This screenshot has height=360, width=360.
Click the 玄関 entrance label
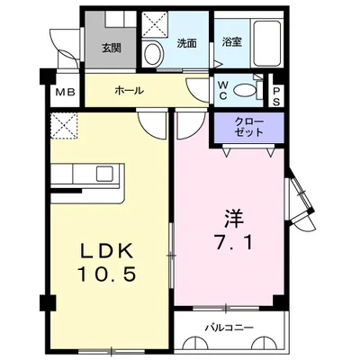pyautogui.click(x=112, y=48)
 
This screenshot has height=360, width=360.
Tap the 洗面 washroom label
pyautogui.click(x=186, y=43)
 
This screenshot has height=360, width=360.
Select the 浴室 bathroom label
pyautogui.click(x=232, y=41)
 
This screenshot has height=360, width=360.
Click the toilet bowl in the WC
pyautogui.click(x=243, y=90)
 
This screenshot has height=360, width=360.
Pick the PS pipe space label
pyautogui.click(x=276, y=96)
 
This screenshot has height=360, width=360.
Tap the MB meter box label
pyautogui.click(x=65, y=93)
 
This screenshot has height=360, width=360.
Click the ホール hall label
pyautogui.click(x=129, y=90)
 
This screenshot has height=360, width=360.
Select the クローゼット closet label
pyautogui.click(x=249, y=127)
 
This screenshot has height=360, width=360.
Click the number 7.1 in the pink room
pyautogui.click(x=232, y=242)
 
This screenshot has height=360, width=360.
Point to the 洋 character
pyautogui.click(x=233, y=218)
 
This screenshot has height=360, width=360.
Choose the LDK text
pyautogui.click(x=107, y=251)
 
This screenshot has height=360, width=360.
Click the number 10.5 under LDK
pyautogui.click(x=107, y=274)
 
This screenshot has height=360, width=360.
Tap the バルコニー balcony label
pyautogui.click(x=229, y=328)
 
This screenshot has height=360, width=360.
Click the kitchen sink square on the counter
pyautogui.click(x=104, y=174)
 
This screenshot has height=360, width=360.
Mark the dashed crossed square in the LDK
pyautogui.click(x=64, y=126)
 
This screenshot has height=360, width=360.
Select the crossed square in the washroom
pyautogui.click(x=154, y=25)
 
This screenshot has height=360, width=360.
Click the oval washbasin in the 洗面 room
pyautogui.click(x=153, y=53)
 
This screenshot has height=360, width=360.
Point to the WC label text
pyautogui.click(x=222, y=91)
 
